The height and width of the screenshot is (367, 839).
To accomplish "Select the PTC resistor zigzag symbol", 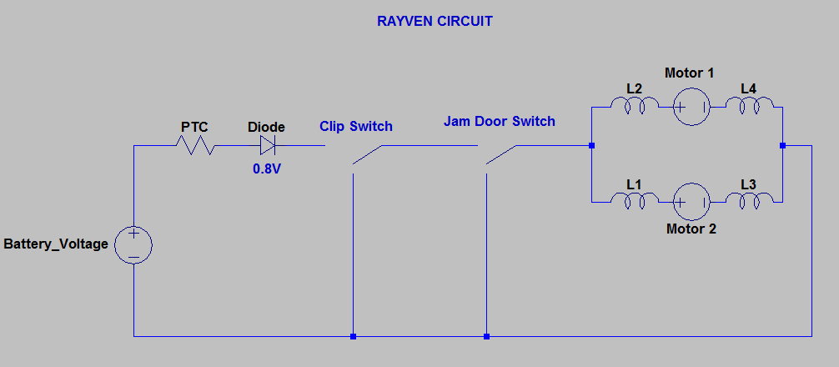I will (x=194, y=146).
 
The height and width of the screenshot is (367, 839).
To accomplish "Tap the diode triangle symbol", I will (x=268, y=146).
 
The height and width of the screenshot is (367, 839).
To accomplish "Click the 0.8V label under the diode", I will (x=268, y=168).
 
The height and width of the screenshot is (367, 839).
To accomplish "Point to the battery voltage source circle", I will (x=133, y=245).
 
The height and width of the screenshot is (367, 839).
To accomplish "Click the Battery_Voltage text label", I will (x=56, y=244).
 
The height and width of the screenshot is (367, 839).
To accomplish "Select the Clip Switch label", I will (x=356, y=127).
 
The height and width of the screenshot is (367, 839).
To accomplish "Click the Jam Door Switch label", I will (x=499, y=121).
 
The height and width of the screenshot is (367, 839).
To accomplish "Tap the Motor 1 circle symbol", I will (x=691, y=107).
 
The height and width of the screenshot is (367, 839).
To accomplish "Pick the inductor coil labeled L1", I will (x=634, y=199).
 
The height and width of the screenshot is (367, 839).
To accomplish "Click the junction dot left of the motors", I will (x=591, y=146).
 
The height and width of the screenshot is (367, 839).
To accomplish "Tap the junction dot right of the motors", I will (x=783, y=146).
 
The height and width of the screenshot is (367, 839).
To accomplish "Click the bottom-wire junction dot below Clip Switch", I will (x=354, y=337).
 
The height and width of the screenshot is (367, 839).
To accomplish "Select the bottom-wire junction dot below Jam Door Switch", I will (x=486, y=337).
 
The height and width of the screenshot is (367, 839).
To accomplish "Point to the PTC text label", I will (x=194, y=127).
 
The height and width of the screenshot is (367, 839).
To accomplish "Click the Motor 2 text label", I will (x=691, y=228).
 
